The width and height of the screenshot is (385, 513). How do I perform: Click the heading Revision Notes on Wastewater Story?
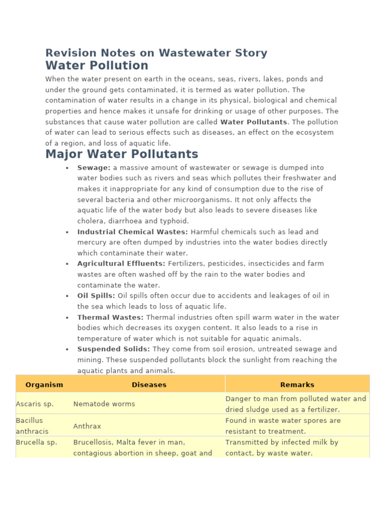click(156, 53)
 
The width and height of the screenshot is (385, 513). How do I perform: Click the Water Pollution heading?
click(97, 66)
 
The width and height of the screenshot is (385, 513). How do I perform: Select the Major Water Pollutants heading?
click(121, 154)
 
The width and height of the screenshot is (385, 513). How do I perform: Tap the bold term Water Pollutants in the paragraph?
click(254, 122)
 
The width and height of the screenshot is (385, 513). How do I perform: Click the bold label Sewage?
click(94, 168)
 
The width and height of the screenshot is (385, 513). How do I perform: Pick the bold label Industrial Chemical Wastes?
click(132, 232)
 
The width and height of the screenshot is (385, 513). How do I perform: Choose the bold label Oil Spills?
click(96, 296)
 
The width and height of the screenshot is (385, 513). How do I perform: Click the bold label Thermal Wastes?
click(110, 317)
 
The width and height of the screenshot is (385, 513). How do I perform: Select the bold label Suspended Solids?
click(113, 349)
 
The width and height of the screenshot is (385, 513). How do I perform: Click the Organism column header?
click(44, 385)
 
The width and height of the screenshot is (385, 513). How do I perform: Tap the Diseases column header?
click(149, 385)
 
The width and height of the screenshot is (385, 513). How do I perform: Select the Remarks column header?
click(297, 385)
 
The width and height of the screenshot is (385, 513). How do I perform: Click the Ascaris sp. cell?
click(35, 404)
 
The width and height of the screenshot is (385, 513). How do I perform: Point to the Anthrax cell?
click(87, 426)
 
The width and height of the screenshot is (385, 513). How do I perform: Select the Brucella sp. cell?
click(36, 442)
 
